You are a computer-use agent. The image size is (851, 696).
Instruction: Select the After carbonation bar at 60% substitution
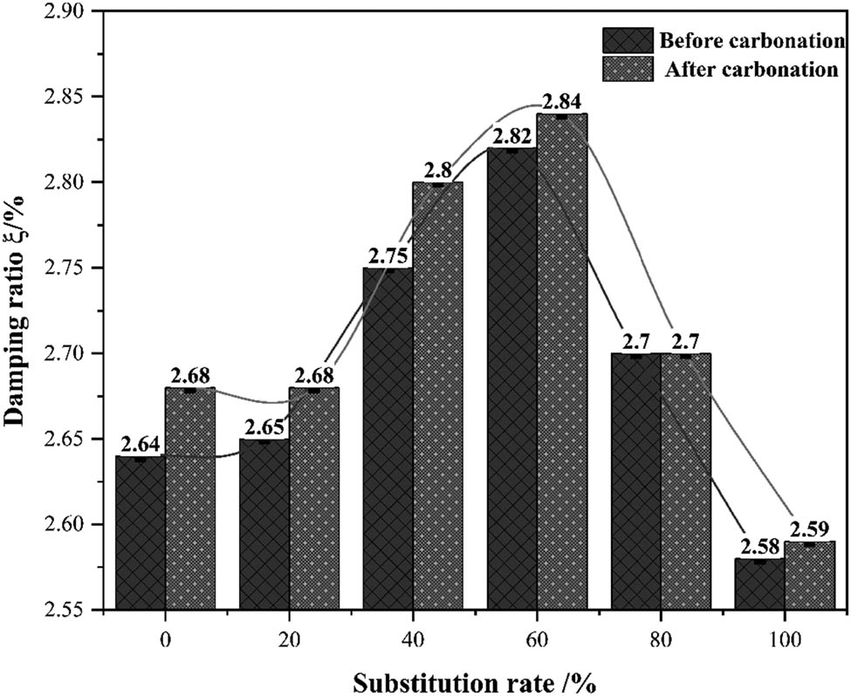click(561, 362)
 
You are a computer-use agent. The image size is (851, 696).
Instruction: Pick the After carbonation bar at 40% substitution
click(437, 397)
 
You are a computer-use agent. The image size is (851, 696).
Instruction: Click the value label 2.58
click(759, 547)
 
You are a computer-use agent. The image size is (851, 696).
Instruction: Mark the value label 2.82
click(511, 136)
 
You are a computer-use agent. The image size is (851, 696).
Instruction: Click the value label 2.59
click(809, 529)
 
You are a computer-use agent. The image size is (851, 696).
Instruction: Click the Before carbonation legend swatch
click(627, 40)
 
